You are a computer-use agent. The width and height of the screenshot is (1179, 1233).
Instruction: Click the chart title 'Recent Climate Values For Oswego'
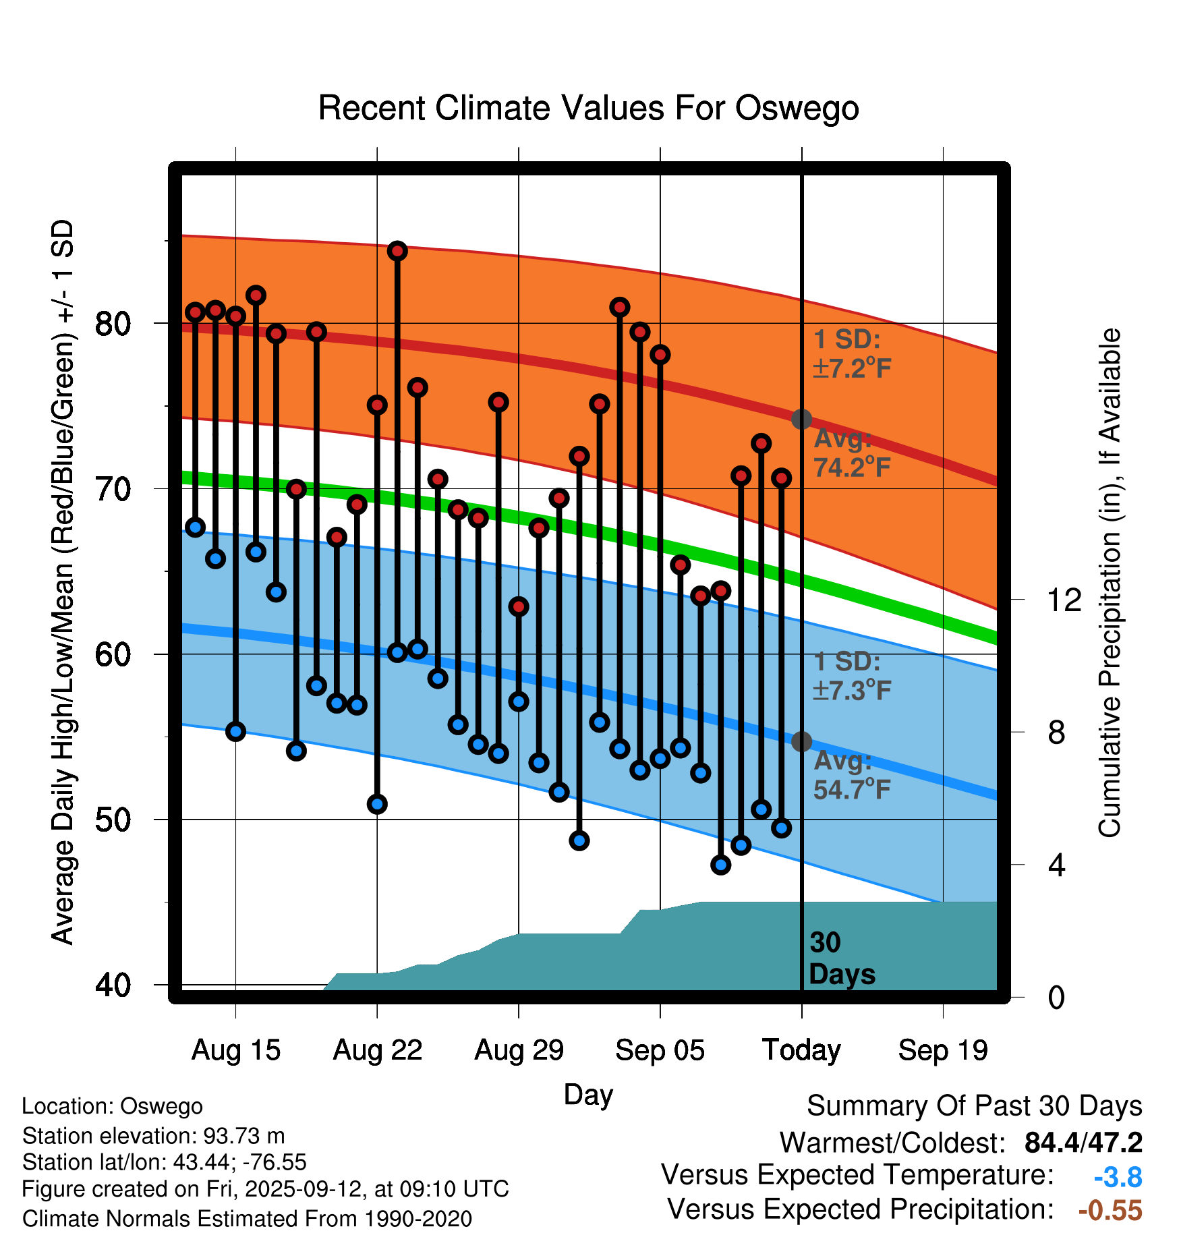point(588,109)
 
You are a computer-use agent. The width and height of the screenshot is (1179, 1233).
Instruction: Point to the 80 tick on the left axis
point(113,324)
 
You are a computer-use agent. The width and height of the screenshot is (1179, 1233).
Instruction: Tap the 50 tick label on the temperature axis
point(113,820)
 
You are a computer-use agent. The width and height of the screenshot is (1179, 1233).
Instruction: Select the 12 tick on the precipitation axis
point(1064,600)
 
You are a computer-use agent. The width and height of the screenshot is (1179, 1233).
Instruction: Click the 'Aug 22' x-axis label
point(377,1050)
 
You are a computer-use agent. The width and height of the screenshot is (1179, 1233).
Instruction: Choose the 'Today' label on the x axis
point(801,1050)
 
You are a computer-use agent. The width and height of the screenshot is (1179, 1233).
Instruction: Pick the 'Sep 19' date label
point(943,1050)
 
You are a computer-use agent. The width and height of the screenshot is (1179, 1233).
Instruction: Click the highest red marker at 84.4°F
point(397,251)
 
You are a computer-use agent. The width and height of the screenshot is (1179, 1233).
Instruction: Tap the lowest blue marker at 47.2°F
point(720,865)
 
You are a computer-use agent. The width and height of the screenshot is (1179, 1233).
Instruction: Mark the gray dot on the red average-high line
point(801,419)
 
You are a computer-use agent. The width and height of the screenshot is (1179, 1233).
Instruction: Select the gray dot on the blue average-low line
point(801,741)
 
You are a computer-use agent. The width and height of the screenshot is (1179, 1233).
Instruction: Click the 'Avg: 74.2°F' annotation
point(852,453)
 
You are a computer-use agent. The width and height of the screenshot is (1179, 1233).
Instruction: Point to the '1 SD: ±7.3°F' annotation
point(852,676)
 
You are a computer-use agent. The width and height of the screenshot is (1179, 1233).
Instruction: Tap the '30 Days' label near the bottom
point(841,958)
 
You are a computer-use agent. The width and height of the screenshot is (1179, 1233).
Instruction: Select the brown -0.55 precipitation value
point(1110,1210)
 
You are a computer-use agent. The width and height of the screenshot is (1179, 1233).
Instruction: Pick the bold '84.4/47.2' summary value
point(1083,1143)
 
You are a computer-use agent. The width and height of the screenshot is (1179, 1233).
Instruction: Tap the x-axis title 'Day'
point(588,1094)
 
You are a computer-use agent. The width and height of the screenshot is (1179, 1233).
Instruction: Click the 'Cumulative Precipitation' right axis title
point(1110,583)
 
